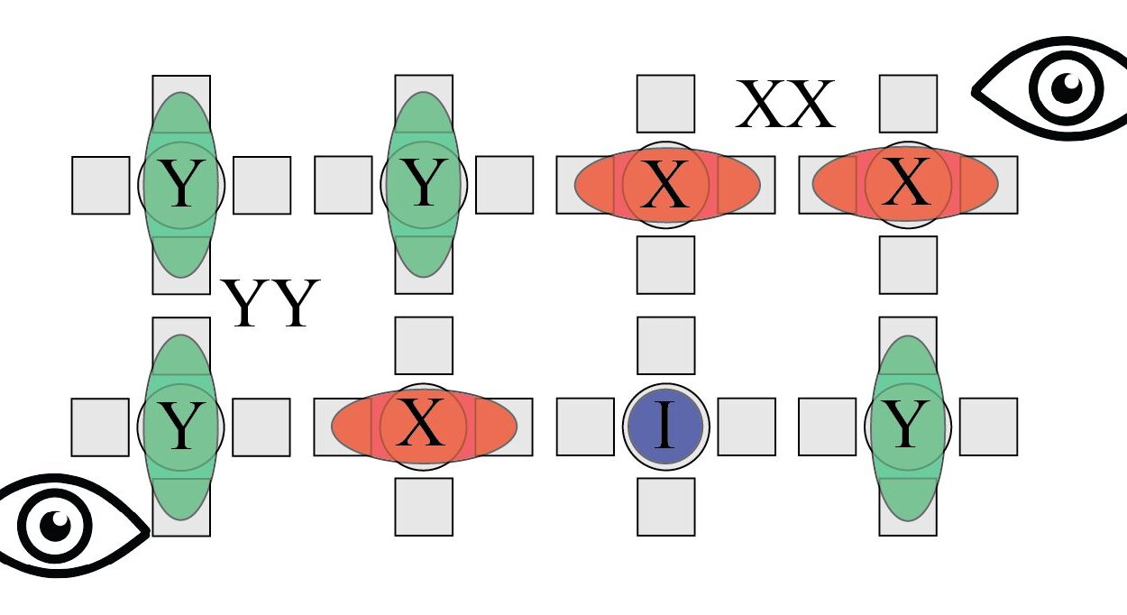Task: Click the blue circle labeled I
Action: (665, 427)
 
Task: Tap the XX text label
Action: (785, 105)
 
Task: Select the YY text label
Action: (270, 303)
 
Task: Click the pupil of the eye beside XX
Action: (1067, 88)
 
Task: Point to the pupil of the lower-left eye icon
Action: (55, 526)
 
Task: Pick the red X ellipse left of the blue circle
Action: (424, 427)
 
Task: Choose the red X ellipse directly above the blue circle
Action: (667, 185)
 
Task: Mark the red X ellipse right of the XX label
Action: (905, 184)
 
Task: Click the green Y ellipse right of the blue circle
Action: (908, 428)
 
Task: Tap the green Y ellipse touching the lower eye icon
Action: (181, 427)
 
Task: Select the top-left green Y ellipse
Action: (181, 185)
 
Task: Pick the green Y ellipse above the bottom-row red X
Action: (424, 184)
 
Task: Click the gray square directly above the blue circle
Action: (666, 345)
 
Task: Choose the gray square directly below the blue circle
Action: (666, 507)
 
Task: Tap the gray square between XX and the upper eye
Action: (908, 104)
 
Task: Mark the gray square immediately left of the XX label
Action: (665, 104)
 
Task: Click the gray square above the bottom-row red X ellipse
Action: (424, 345)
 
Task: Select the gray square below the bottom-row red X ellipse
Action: (424, 507)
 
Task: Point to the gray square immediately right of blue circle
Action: (747, 427)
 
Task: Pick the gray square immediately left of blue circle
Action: (585, 427)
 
